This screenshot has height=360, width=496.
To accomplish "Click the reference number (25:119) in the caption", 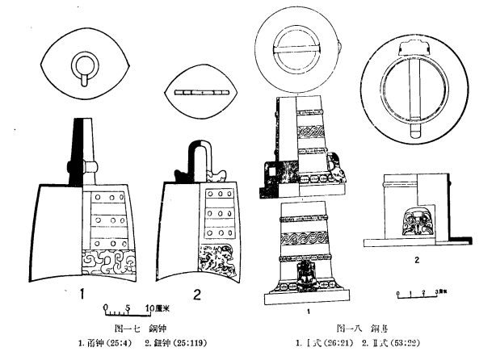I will click(182, 344).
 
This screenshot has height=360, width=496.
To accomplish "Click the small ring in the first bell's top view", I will click(84, 65).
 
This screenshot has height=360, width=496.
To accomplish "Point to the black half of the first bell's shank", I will click(78, 149).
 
